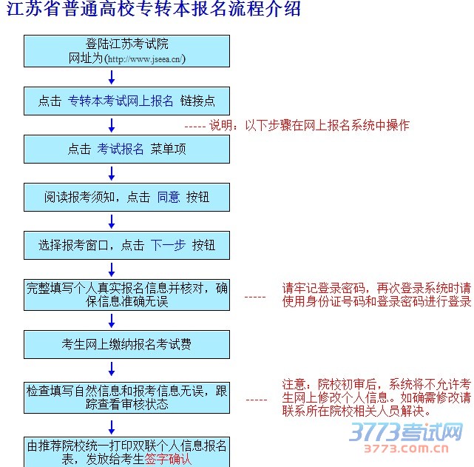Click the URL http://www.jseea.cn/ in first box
(146, 58)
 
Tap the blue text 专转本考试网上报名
(121, 101)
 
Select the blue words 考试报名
(121, 149)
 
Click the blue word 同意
(169, 197)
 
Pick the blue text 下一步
(168, 245)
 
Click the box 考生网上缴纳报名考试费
(126, 344)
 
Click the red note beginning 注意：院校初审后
(376, 397)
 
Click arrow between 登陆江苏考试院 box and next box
(112, 78)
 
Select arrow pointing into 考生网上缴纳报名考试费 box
(112, 320)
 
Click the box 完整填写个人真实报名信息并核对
(126, 295)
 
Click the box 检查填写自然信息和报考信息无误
(126, 397)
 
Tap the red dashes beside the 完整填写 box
(255, 296)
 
